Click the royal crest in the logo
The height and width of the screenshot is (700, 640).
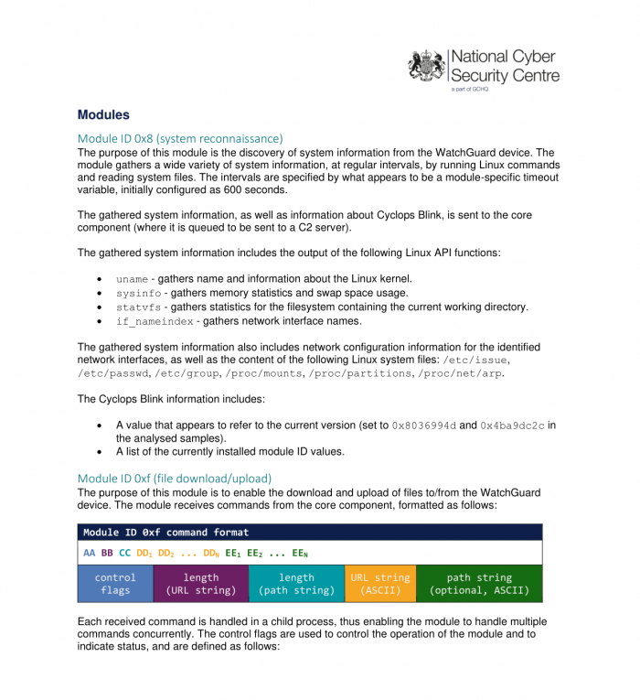pos(427,66)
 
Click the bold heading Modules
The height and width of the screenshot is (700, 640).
pos(103,115)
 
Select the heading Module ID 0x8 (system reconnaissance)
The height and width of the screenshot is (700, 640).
pos(180,138)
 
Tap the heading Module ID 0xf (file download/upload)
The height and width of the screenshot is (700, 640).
pos(175,479)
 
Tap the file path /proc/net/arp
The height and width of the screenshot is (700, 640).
pos(460,374)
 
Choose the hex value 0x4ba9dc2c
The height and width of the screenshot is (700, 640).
pos(512,426)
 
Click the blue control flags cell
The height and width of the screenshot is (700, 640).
pos(115,584)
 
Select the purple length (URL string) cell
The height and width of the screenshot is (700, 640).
pos(201,584)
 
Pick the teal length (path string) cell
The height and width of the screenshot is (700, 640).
pos(296,584)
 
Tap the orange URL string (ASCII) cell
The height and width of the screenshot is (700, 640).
pos(379,584)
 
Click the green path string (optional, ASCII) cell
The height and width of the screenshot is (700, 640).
pos(479,584)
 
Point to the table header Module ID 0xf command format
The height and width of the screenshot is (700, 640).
pos(165,533)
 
